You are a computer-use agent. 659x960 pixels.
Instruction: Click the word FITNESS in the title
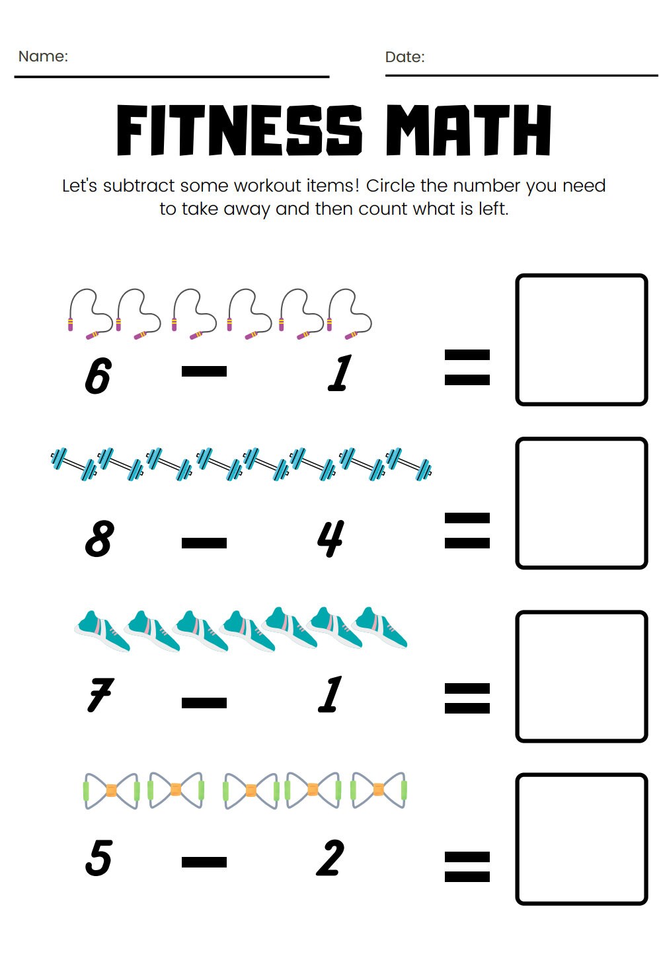(239, 130)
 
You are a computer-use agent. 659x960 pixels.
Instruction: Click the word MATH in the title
(468, 130)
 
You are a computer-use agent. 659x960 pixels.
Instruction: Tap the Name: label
(43, 56)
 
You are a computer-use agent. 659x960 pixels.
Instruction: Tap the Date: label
(405, 57)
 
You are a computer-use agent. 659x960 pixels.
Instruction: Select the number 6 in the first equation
(98, 375)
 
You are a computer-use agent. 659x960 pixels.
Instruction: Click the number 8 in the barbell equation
(99, 538)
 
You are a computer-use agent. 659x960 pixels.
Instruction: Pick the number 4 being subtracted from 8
(330, 538)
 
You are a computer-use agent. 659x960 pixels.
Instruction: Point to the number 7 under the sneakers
(100, 695)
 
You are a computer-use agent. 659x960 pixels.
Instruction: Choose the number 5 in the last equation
(98, 858)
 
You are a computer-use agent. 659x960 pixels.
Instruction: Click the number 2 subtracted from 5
(330, 858)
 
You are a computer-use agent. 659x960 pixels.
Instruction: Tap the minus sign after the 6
(204, 371)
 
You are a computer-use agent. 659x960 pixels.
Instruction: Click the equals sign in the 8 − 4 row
(467, 531)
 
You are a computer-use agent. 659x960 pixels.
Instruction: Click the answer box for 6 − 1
(581, 340)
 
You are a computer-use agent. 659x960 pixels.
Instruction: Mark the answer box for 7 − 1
(581, 676)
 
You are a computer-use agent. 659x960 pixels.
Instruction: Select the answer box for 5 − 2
(581, 838)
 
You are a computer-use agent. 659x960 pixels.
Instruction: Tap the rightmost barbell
(408, 464)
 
